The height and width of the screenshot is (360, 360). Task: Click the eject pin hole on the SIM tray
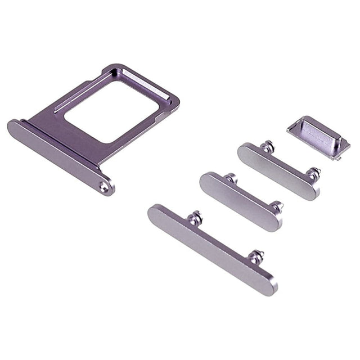pos(104,187)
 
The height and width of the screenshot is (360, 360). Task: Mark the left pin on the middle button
pos(231,179)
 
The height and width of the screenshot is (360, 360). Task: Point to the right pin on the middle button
pos(276,206)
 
